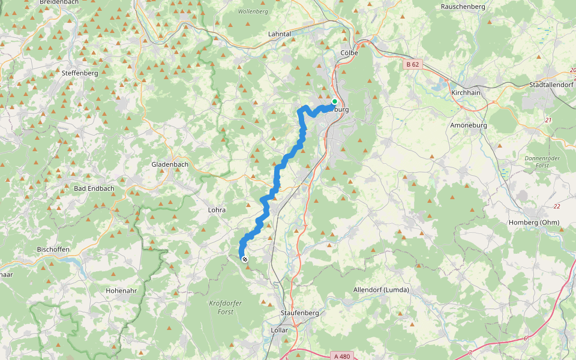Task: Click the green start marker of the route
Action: click(x=335, y=101)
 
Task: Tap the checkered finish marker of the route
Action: click(x=245, y=259)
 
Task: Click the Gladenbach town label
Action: click(x=170, y=164)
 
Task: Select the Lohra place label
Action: click(x=216, y=210)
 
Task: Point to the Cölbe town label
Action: click(x=349, y=53)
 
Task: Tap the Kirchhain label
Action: click(x=466, y=94)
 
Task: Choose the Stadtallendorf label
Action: click(x=550, y=85)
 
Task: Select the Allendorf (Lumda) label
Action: click(x=381, y=290)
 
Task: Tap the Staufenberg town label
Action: click(x=300, y=313)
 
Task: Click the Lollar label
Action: click(x=280, y=331)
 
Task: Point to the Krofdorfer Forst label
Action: click(x=226, y=307)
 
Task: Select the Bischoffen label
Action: click(x=53, y=249)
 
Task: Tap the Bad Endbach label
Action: click(x=94, y=188)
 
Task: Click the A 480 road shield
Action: click(x=340, y=355)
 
